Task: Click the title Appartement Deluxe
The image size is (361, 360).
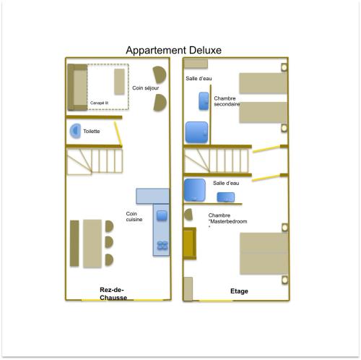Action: click(x=173, y=51)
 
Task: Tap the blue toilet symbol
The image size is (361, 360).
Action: click(x=75, y=131)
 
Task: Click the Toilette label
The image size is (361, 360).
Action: click(x=92, y=132)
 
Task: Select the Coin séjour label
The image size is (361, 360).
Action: click(x=146, y=88)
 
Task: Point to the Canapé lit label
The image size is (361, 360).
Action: click(x=99, y=103)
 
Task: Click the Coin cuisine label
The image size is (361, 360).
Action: click(x=134, y=217)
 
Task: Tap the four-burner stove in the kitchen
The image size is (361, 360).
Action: click(x=162, y=246)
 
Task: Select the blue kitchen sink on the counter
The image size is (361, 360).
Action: click(x=162, y=215)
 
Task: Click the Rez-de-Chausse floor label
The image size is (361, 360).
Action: click(x=113, y=293)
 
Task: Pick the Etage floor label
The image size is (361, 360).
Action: click(x=239, y=291)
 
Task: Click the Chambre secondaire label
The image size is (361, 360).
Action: click(x=227, y=101)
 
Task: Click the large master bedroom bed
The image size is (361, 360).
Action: click(x=264, y=254)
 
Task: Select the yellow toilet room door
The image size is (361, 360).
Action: click(x=118, y=134)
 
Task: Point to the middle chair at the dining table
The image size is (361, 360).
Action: click(x=109, y=242)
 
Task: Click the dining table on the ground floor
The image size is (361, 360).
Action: click(x=92, y=244)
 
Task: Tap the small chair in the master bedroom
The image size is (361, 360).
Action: click(x=188, y=215)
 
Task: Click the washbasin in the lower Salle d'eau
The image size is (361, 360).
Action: click(x=226, y=197)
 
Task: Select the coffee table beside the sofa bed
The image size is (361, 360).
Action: click(x=119, y=82)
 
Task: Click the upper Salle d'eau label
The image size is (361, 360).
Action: click(x=199, y=79)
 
